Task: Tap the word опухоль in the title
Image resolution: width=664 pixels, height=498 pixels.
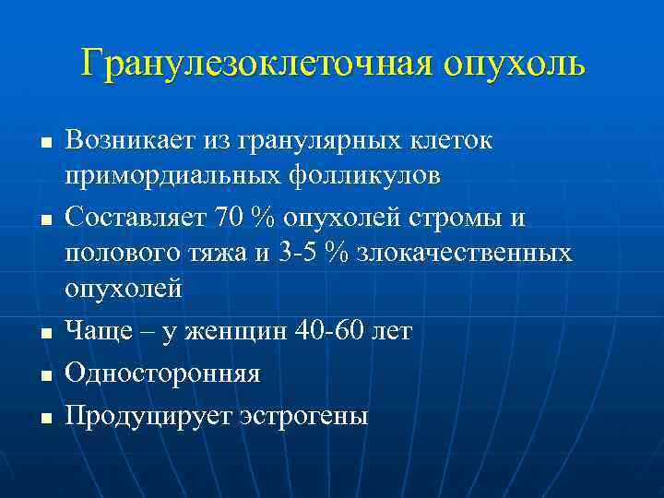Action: coord(514,64)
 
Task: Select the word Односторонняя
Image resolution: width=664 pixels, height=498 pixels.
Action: coord(162,373)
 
